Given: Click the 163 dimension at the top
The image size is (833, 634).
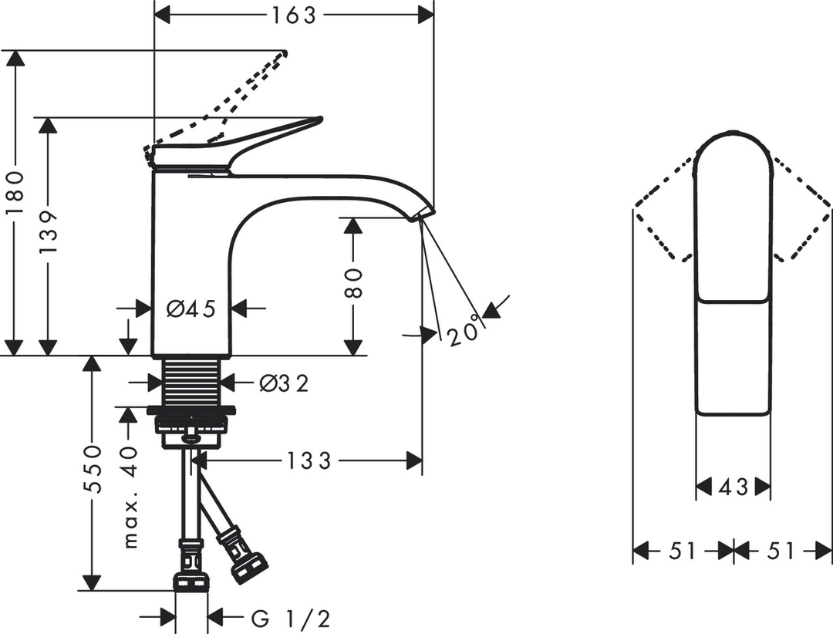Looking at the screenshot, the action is click(x=294, y=15).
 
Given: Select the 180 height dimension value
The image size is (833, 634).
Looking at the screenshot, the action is click(x=16, y=193).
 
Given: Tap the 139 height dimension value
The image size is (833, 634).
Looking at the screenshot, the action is click(x=49, y=231).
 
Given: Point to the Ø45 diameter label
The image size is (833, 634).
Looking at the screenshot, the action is click(x=191, y=309).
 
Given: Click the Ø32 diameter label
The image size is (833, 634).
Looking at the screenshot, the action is click(x=284, y=383).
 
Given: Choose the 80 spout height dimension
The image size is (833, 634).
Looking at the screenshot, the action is click(x=353, y=283).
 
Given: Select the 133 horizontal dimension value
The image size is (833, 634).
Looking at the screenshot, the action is click(x=309, y=460).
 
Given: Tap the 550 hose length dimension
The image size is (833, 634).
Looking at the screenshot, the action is click(x=93, y=470).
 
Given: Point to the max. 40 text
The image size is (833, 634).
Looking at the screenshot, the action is click(x=130, y=497).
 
